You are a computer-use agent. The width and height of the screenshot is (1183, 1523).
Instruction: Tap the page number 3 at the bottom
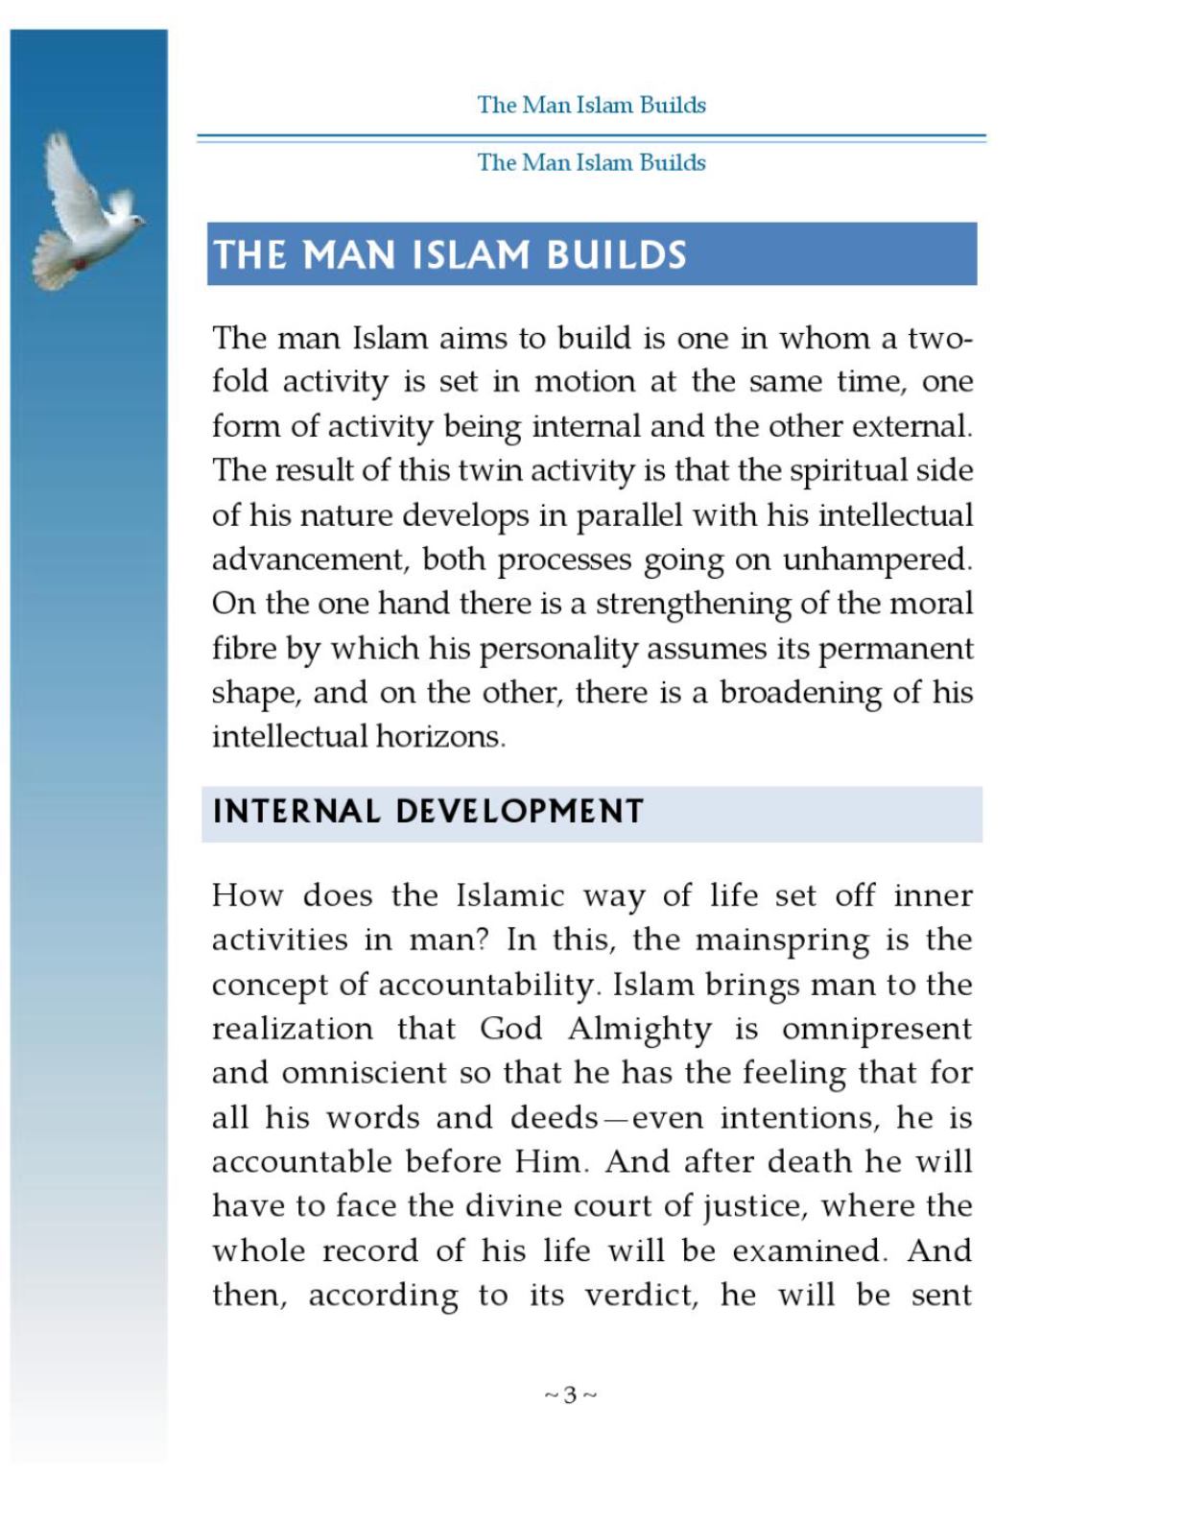tap(570, 1394)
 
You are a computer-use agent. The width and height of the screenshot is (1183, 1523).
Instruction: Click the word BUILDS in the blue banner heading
tap(616, 255)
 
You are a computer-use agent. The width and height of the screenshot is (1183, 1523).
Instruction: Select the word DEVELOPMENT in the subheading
tap(519, 812)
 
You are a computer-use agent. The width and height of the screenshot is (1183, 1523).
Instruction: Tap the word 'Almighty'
tap(639, 1029)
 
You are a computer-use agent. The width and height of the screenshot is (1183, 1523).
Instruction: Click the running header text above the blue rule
tap(591, 105)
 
